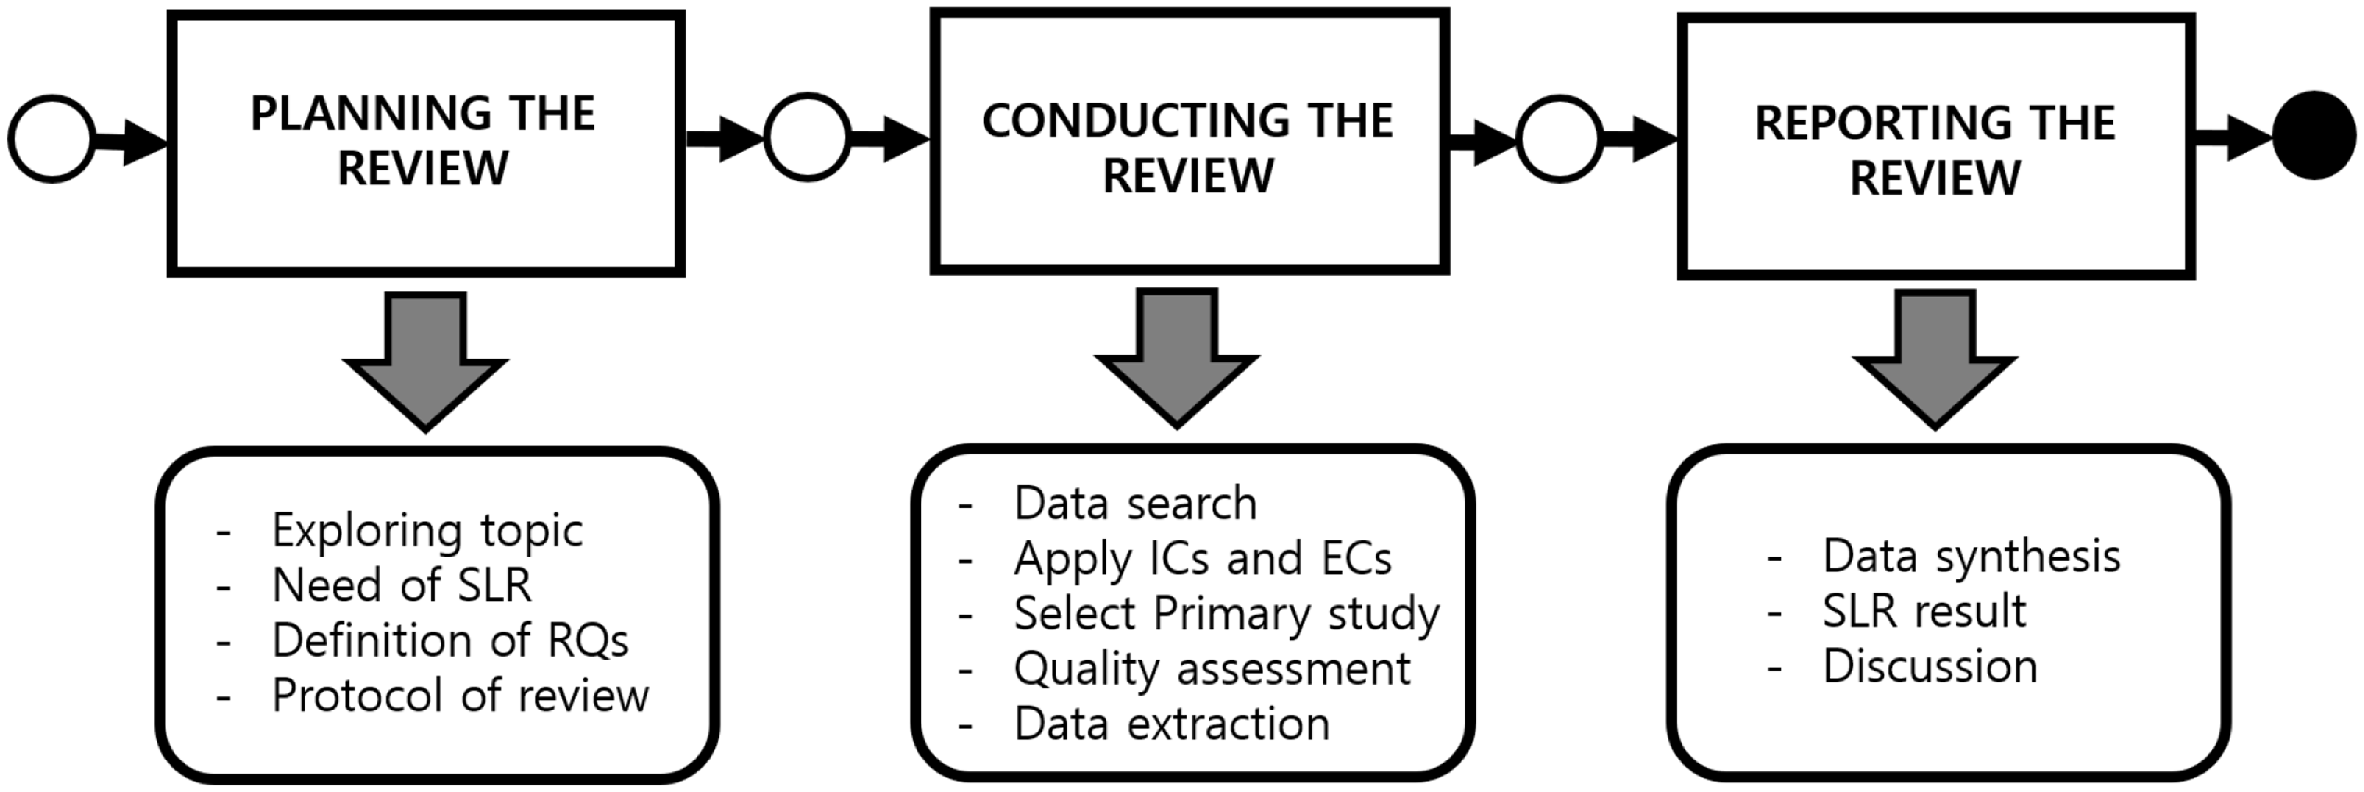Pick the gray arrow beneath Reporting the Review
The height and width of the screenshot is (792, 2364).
click(x=1934, y=360)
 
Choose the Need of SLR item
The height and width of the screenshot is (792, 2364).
click(x=402, y=584)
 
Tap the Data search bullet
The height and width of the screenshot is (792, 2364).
click(x=1135, y=503)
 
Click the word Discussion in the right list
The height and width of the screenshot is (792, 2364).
click(x=1930, y=665)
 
